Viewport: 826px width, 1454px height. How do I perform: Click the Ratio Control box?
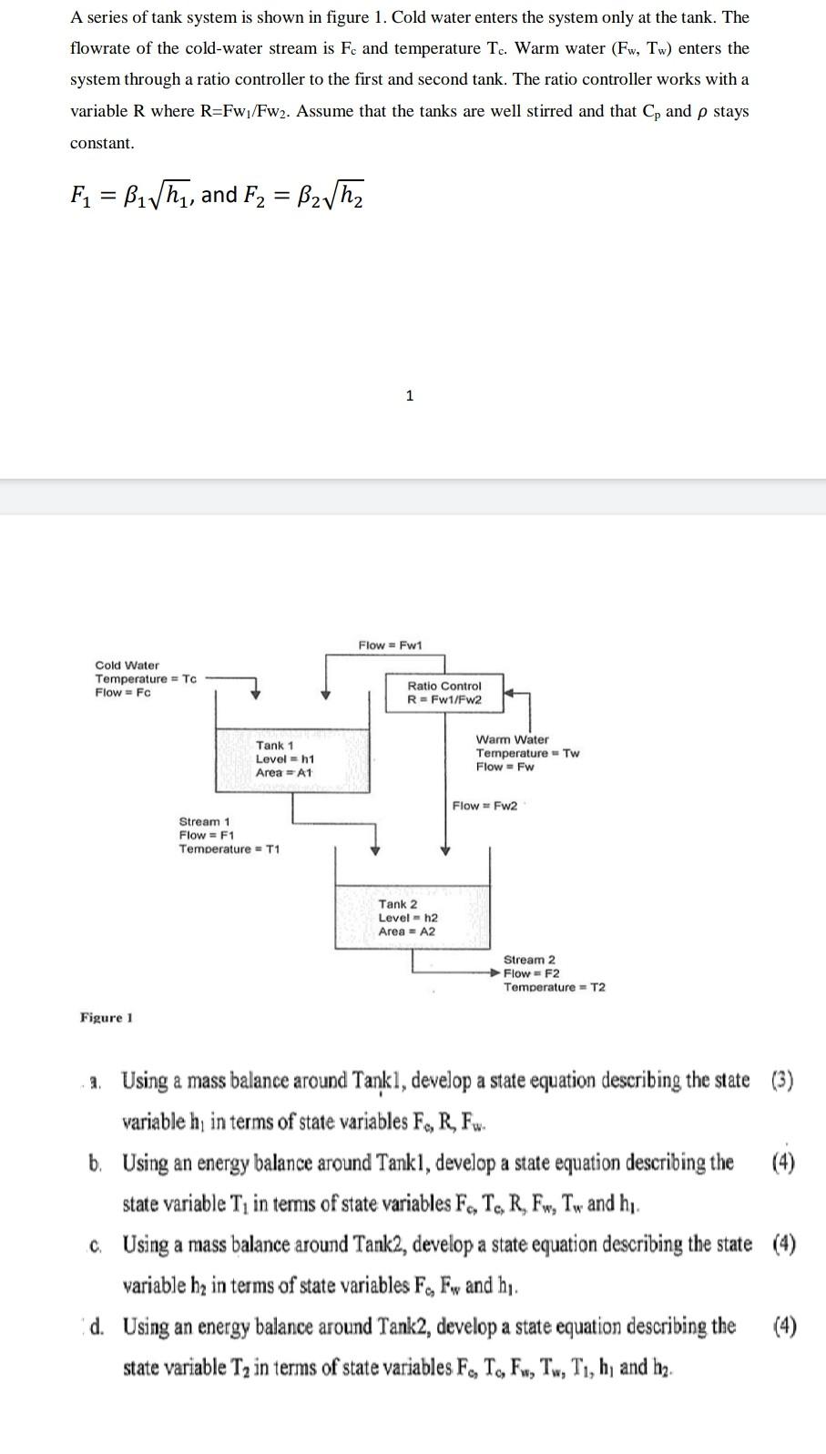point(444,693)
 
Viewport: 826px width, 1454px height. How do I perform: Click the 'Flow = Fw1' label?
point(390,646)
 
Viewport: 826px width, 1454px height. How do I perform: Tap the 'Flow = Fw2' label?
point(484,806)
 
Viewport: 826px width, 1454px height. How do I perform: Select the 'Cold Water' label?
point(127,666)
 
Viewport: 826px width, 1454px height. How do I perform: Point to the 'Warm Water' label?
point(512,739)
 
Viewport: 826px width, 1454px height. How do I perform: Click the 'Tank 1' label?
point(274,746)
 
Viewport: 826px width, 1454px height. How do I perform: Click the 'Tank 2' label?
point(398,904)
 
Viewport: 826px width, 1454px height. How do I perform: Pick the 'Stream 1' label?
point(204,821)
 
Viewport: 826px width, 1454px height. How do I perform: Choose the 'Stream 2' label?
point(529,960)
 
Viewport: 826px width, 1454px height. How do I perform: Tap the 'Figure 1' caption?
point(107,1017)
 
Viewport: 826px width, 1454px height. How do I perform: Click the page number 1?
point(410,395)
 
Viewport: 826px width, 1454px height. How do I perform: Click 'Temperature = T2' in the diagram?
point(555,987)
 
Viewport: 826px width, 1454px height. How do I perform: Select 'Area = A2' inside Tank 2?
point(406,931)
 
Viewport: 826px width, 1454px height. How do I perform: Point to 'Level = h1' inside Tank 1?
point(285,759)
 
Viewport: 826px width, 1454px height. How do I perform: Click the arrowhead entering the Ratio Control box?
point(509,693)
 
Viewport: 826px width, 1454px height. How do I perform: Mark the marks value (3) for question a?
point(782,1082)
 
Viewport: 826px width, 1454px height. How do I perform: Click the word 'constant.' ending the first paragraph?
point(102,143)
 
